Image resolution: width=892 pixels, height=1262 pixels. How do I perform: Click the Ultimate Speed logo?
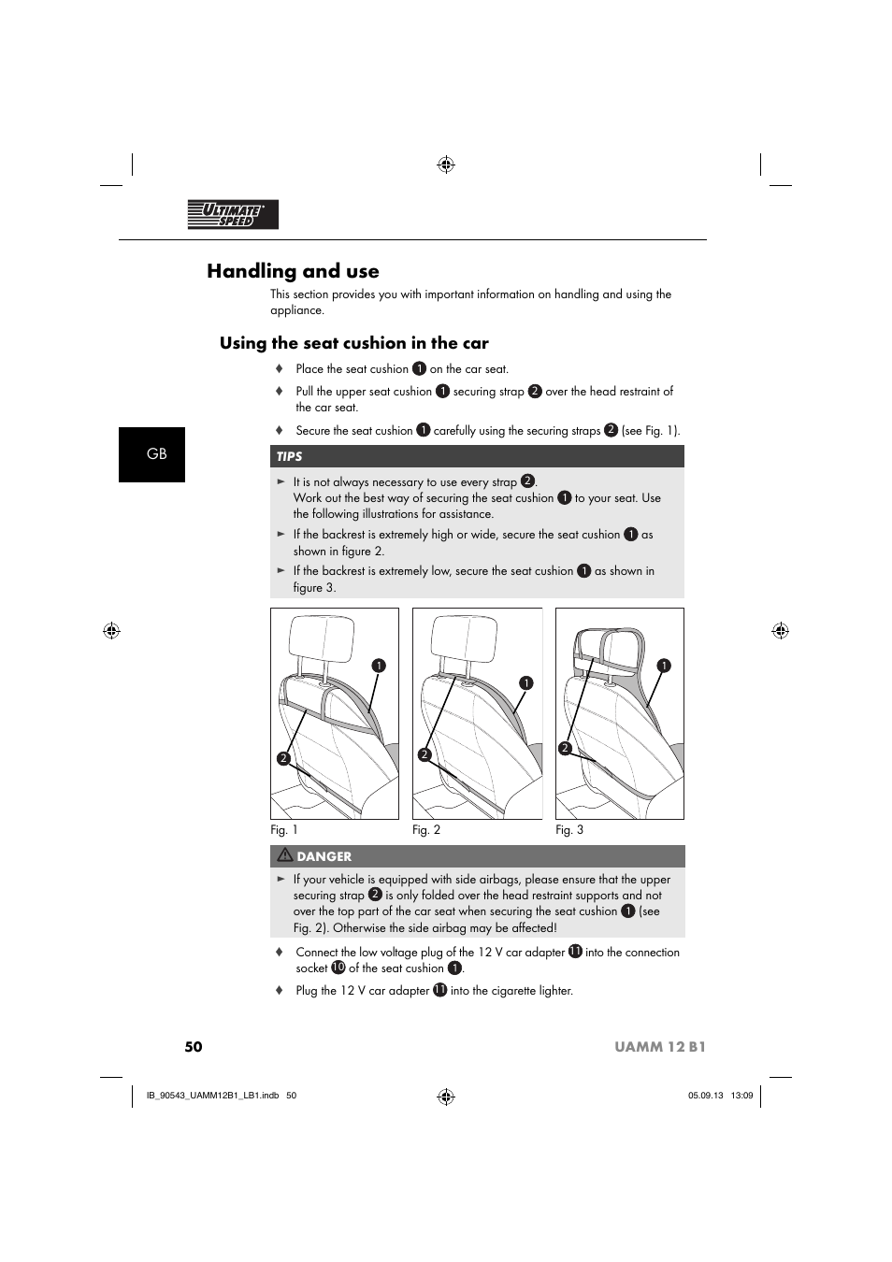(x=233, y=215)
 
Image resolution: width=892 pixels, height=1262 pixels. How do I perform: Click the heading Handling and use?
(x=293, y=271)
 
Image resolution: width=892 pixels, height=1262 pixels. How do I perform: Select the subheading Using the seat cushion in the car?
(x=353, y=343)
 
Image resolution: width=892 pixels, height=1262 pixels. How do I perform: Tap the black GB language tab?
(x=152, y=454)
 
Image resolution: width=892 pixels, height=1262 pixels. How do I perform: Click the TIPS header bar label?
(x=290, y=457)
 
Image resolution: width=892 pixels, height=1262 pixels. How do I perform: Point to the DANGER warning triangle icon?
(x=284, y=855)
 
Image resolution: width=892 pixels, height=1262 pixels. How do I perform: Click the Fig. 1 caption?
(x=284, y=830)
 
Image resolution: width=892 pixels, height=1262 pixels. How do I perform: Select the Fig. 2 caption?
(x=426, y=830)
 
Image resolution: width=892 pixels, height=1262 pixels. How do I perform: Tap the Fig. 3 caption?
(x=569, y=830)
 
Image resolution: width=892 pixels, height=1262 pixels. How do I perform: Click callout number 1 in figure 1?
(x=379, y=666)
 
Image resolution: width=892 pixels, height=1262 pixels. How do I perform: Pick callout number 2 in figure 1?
(x=282, y=758)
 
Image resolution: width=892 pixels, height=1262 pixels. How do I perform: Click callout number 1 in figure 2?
(x=526, y=683)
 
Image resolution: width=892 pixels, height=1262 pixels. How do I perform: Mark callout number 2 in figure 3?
(x=565, y=748)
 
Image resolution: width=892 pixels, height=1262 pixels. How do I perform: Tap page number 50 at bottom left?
(x=194, y=1047)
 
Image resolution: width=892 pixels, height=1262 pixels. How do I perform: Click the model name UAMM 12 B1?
(x=660, y=1047)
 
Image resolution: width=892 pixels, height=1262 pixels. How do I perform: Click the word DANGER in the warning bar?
(x=324, y=856)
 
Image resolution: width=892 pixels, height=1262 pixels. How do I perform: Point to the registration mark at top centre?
(x=446, y=165)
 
